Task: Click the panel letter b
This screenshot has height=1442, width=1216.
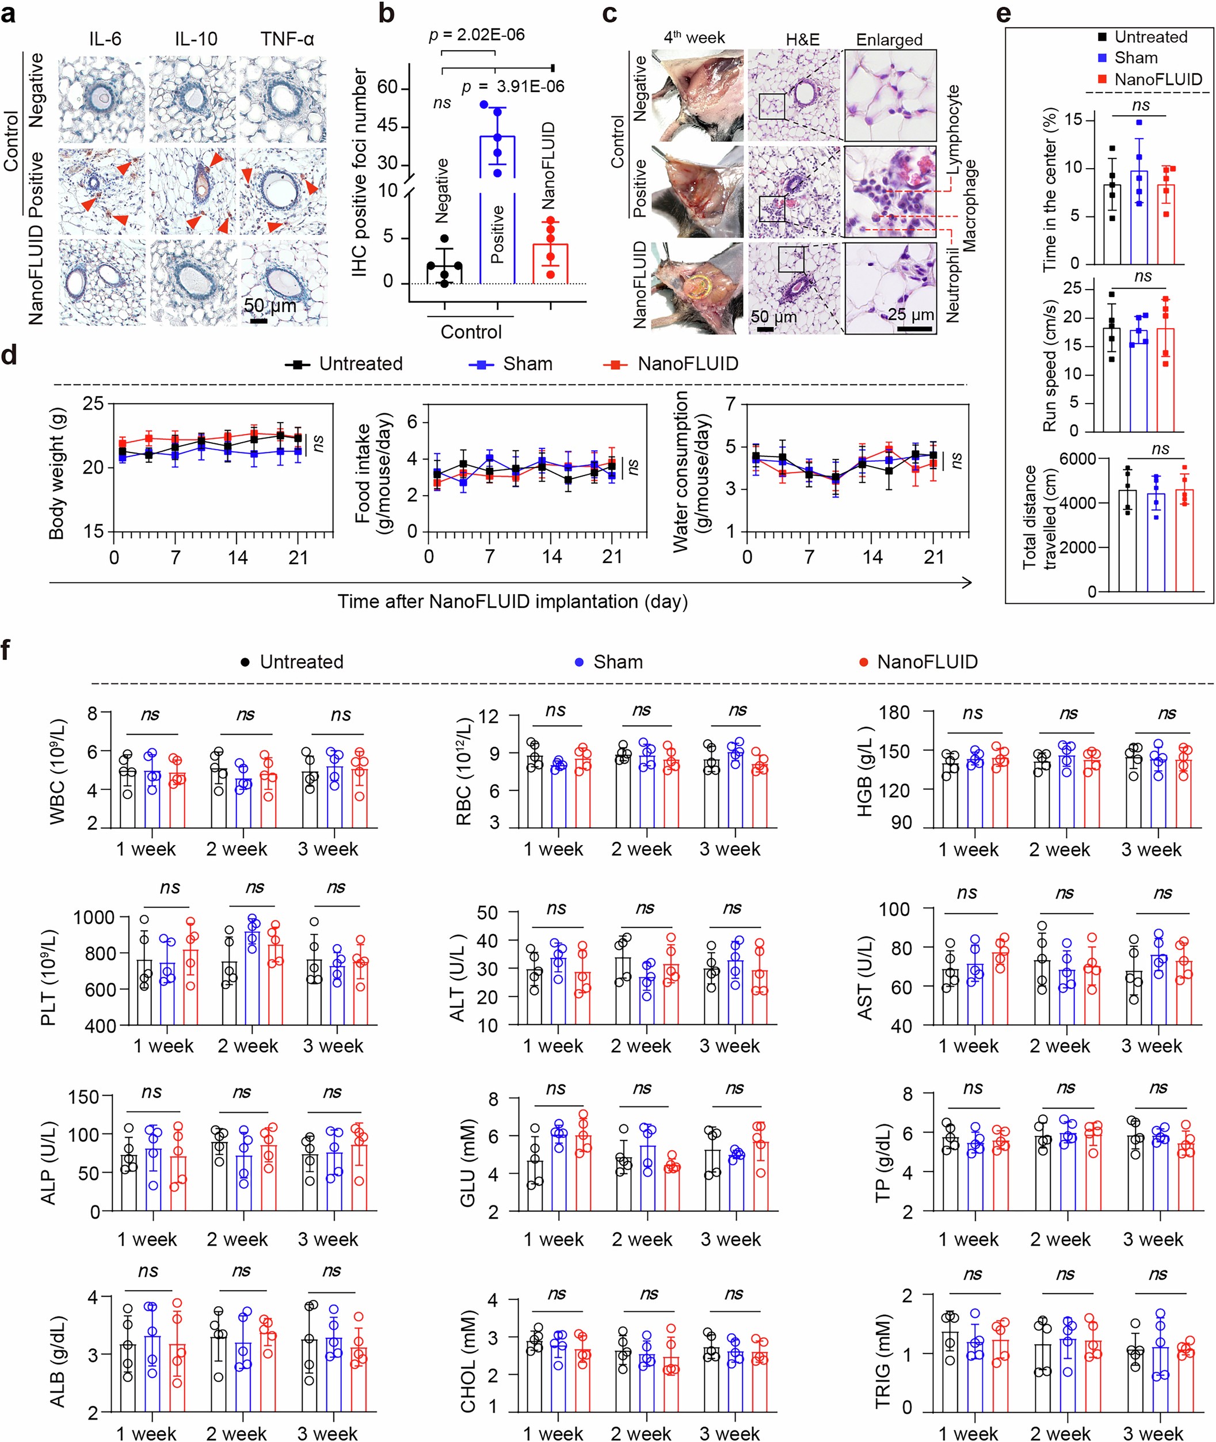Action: (387, 14)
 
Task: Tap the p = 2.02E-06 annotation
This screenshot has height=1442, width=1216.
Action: (477, 35)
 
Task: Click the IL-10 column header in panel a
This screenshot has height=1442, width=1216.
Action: (196, 39)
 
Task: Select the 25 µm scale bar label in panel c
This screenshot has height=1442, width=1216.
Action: (910, 315)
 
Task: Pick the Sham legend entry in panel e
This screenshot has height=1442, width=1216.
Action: (1135, 58)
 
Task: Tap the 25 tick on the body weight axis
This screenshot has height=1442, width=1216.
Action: (93, 404)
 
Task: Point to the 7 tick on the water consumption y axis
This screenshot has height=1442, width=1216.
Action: (731, 404)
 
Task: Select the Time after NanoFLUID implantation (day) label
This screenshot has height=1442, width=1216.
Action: (512, 602)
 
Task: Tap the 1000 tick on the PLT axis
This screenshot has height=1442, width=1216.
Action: (94, 917)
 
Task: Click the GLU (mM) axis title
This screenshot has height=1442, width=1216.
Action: (467, 1163)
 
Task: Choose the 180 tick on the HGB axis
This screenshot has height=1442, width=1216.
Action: (894, 713)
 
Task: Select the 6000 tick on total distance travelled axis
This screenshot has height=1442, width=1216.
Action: (1077, 459)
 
